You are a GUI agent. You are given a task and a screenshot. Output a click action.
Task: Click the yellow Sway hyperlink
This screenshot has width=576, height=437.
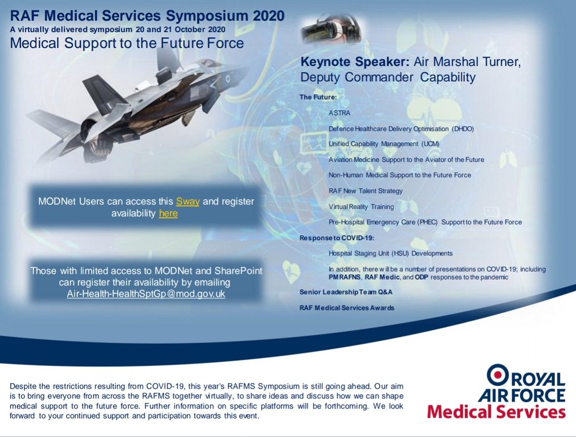pos(187,201)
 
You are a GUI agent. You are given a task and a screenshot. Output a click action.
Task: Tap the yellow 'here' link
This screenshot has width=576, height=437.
pos(168,213)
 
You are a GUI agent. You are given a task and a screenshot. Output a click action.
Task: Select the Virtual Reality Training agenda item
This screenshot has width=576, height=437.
pos(361,206)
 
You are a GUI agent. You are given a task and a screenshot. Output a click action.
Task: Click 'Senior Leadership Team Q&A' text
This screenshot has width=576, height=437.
pos(343,292)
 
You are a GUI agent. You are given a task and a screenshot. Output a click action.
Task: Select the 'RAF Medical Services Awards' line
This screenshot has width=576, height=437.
pos(347,308)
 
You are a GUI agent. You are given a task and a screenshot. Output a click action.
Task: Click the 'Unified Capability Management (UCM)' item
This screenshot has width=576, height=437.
pos(384,144)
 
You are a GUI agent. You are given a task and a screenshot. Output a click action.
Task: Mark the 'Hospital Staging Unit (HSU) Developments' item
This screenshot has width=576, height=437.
pos(390,253)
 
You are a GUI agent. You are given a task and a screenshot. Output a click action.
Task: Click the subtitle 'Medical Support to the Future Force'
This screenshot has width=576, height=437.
pos(127,43)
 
